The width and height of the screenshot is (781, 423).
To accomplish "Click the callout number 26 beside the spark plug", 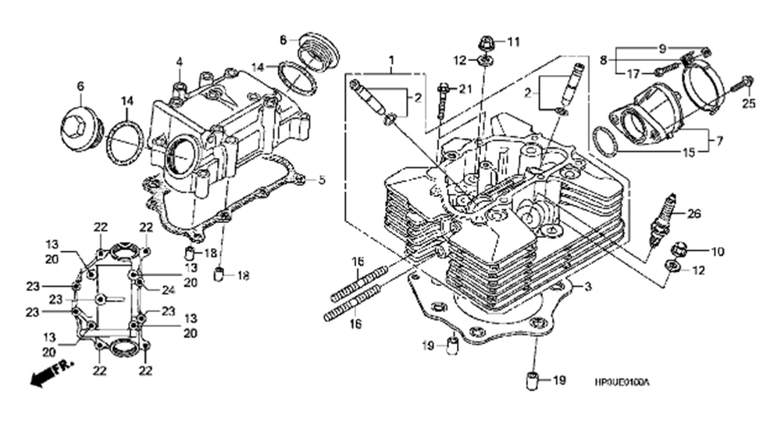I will pos(694,212).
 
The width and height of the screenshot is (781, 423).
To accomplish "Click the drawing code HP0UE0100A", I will pos(622,382).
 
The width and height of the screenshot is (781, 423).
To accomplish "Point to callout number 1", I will pos(391,59).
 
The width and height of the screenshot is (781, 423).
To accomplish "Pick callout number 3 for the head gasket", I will pos(587,287).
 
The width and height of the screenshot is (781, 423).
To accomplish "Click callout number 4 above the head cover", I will pos(179,61).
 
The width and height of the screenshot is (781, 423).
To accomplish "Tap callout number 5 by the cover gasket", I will pos(320,180).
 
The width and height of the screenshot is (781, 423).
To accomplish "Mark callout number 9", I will pos(663,48).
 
